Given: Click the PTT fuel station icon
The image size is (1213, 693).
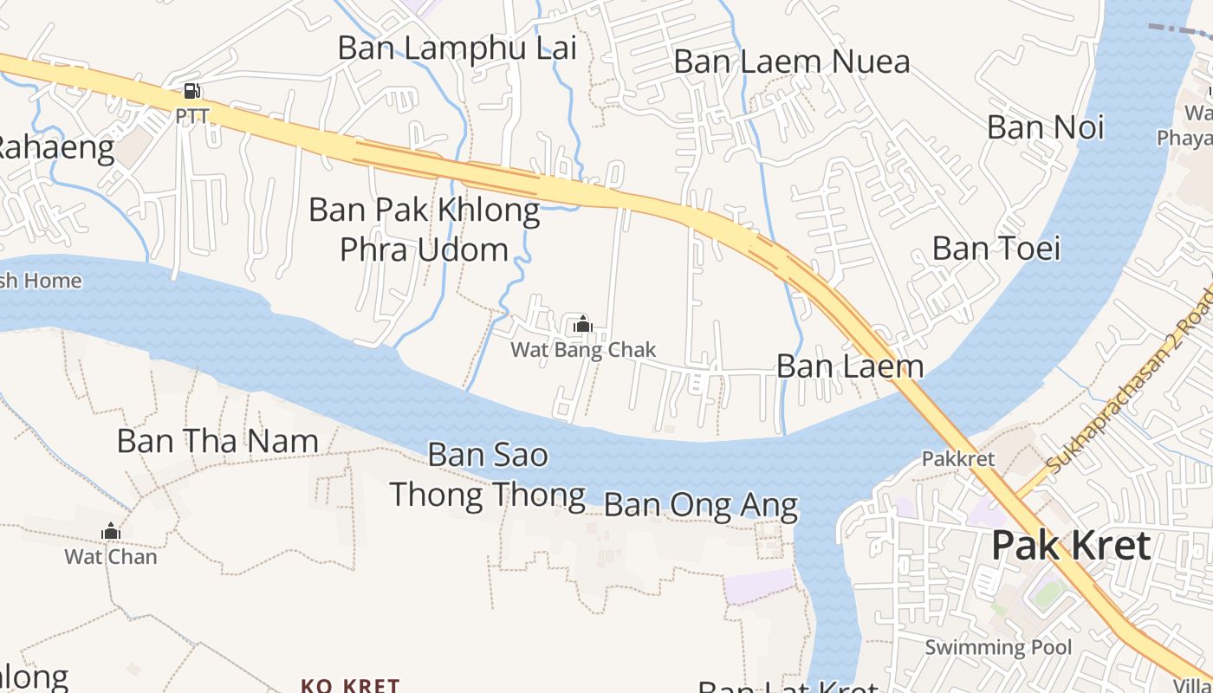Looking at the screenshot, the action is pyautogui.click(x=192, y=91).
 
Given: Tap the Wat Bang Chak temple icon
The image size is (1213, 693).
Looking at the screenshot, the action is pyautogui.click(x=583, y=325).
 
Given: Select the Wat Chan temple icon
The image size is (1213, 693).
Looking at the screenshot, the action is pyautogui.click(x=111, y=531).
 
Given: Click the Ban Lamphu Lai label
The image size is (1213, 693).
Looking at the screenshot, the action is pyautogui.click(x=457, y=48).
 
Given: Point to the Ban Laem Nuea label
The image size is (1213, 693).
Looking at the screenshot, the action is pyautogui.click(x=791, y=62).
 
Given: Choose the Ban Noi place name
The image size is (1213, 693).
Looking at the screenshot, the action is pyautogui.click(x=1045, y=127).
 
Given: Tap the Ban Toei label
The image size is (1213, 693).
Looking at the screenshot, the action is pyautogui.click(x=996, y=249).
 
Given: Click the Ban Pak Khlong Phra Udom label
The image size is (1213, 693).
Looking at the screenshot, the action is pyautogui.click(x=425, y=230).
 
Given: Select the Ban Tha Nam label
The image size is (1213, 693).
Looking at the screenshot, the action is pyautogui.click(x=217, y=441).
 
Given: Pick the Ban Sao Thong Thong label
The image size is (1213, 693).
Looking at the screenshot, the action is pyautogui.click(x=488, y=475).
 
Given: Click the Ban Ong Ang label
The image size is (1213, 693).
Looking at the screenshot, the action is pyautogui.click(x=700, y=504).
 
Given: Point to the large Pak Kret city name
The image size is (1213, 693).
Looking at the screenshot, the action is pyautogui.click(x=1071, y=546).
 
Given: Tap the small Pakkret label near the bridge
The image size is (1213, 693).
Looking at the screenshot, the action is pyautogui.click(x=958, y=458).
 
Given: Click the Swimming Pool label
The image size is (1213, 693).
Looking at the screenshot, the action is pyautogui.click(x=998, y=647).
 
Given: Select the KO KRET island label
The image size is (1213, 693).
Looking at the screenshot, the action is pyautogui.click(x=350, y=685).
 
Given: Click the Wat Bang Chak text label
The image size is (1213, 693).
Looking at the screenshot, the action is pyautogui.click(x=583, y=350).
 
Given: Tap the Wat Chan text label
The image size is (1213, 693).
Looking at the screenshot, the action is pyautogui.click(x=111, y=556).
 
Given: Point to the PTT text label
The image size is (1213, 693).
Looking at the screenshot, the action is pyautogui.click(x=192, y=115).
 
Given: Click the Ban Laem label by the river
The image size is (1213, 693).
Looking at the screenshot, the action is pyautogui.click(x=850, y=366).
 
